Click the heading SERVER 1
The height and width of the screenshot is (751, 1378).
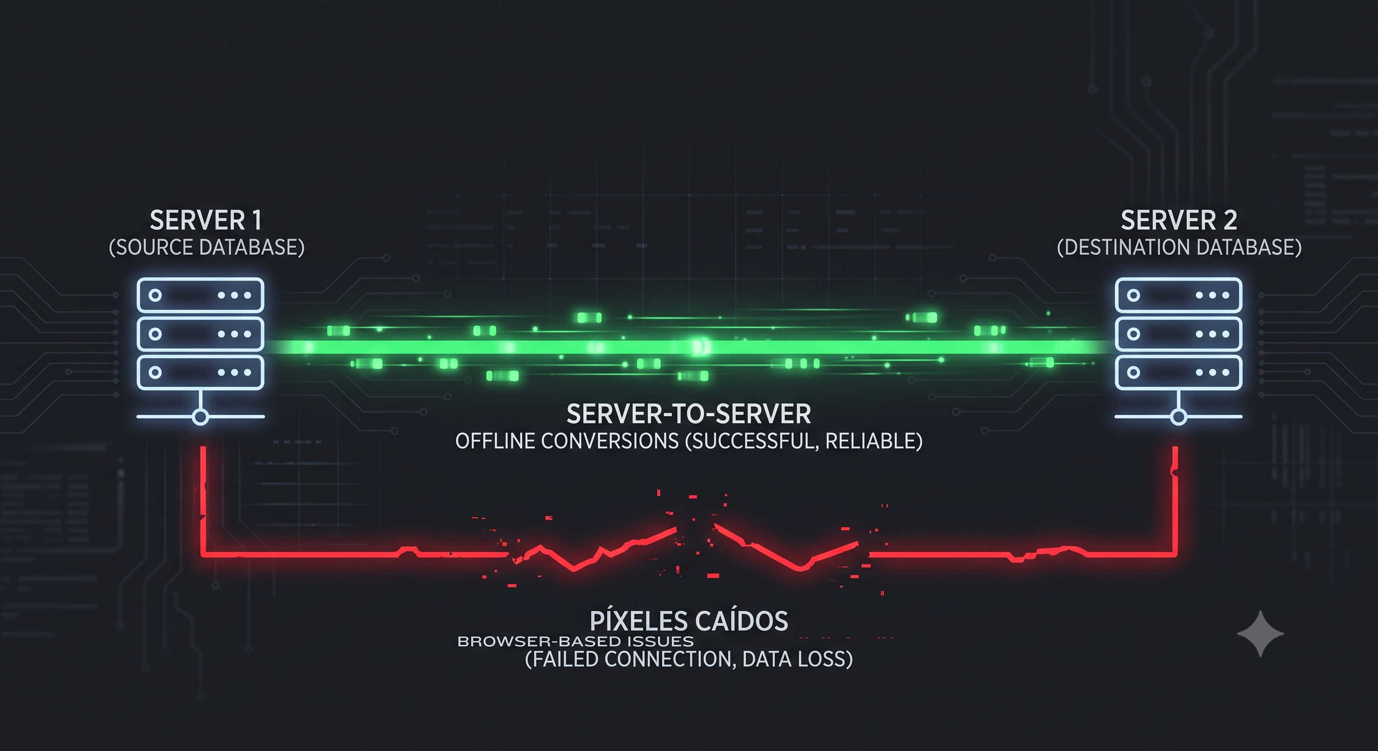[x=206, y=220]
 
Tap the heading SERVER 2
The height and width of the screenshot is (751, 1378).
[x=1179, y=220]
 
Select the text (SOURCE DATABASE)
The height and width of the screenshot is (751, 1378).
[x=207, y=247]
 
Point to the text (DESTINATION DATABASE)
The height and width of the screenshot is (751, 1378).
[x=1179, y=247]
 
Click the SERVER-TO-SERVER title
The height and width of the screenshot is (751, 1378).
[x=689, y=414]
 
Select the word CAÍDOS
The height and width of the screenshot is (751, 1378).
[x=742, y=620]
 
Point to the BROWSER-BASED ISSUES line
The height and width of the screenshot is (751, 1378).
[x=575, y=641]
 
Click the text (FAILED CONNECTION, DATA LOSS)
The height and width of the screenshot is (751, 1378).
[x=689, y=659]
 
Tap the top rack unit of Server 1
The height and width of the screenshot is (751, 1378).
[x=201, y=295]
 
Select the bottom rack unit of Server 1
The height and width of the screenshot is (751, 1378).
[x=201, y=373]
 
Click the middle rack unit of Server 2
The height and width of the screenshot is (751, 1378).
[x=1178, y=334]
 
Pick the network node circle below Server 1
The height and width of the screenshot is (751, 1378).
[x=200, y=417]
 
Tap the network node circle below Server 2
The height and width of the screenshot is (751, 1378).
[x=1178, y=417]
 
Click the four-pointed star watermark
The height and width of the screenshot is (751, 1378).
[x=1261, y=633]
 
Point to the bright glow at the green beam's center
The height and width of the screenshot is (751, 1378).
[x=699, y=348]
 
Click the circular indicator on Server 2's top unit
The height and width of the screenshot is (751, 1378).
[x=1133, y=295]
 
